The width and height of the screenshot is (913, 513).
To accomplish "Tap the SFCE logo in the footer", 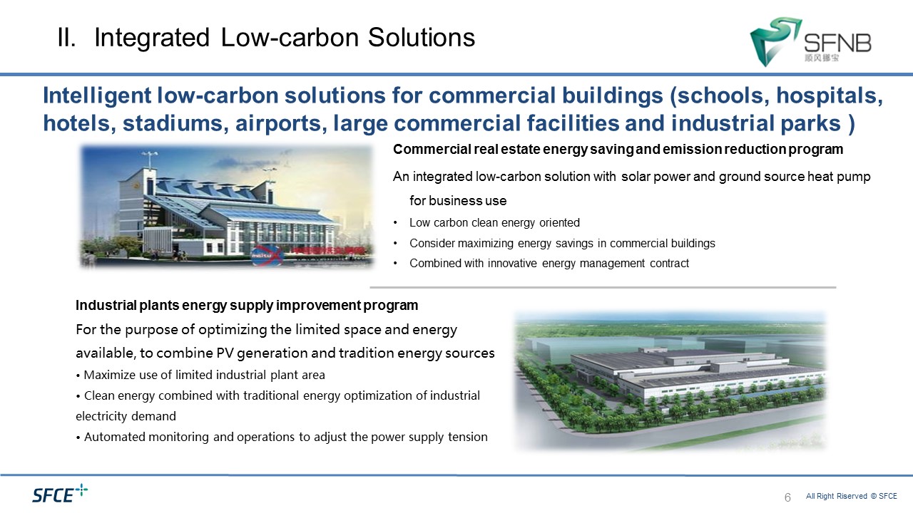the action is coord(60,494).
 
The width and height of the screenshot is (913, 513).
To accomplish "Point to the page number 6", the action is coord(787,497).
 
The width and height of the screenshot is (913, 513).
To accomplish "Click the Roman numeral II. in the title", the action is coord(66,38).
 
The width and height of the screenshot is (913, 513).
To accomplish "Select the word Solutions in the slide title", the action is coord(422,38).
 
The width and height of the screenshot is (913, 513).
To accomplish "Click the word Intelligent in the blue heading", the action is coord(97,95).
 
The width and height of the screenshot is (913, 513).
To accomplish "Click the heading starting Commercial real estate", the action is coord(618,150).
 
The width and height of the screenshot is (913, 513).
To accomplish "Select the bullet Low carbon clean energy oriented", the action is coord(494,223).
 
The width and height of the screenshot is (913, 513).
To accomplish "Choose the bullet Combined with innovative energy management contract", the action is coord(549,264).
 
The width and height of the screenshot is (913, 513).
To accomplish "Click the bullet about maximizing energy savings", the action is coord(562,243).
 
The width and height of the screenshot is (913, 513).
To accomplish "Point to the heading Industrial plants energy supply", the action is coord(247,306).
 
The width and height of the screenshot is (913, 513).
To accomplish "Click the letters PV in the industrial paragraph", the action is coord(225,353).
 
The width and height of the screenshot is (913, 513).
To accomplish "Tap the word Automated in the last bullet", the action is coord(115,437).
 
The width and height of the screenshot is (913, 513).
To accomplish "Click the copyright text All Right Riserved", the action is coord(852,496).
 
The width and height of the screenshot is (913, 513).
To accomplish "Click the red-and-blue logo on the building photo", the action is coord(267,256).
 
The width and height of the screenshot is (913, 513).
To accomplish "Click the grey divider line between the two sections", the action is coord(603,287).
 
